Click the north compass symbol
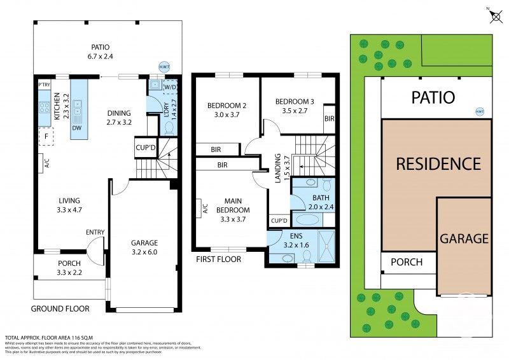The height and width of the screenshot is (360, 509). click(496, 15)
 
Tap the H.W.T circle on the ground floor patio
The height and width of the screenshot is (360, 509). click(164, 65)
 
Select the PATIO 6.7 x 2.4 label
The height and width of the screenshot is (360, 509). click(100, 52)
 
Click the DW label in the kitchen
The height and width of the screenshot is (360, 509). click(77, 128)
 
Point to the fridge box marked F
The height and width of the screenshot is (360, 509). click(46, 135)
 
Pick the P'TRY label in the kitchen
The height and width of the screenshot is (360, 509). click(44, 85)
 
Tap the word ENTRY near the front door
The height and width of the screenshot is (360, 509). click(95, 232)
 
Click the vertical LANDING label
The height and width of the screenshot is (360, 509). click(278, 169)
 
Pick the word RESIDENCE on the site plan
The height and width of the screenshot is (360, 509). click(438, 163)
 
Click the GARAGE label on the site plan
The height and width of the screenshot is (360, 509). click(464, 239)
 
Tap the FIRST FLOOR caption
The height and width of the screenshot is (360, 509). click(218, 259)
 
